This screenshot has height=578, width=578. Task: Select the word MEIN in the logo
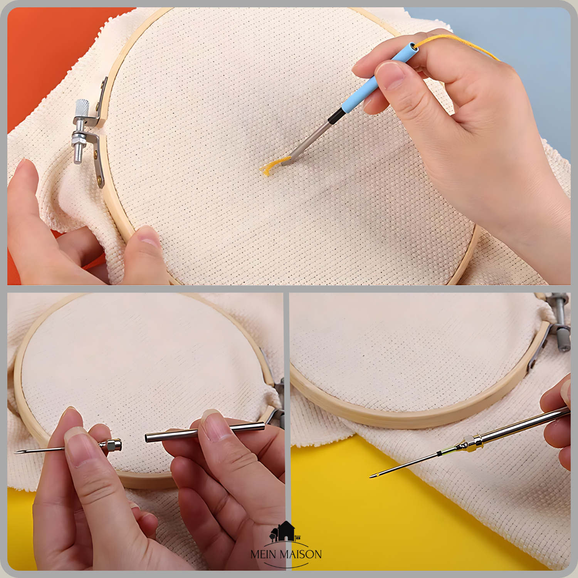click(x=263, y=554)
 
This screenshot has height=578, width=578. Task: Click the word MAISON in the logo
click(x=301, y=554)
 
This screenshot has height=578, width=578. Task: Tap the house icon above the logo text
click(x=286, y=531)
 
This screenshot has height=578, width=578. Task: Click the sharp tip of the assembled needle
click(x=371, y=477)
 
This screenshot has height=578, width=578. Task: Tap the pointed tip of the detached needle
click(x=16, y=452)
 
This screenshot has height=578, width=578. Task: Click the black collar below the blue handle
click(x=336, y=116)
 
